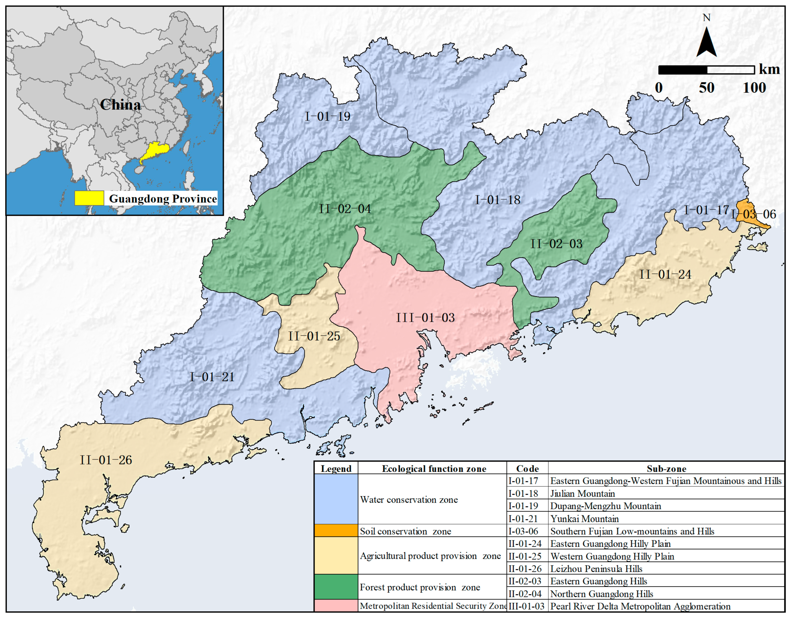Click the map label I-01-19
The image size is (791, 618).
pos(328,117)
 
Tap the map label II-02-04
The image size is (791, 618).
pos(345,209)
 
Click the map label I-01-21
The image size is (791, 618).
pos(212,377)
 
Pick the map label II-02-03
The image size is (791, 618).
pos(556,244)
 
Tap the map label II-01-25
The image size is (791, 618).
pos(314,336)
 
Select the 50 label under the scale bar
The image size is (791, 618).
pos(707,88)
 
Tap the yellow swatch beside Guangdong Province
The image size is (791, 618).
pos(89,198)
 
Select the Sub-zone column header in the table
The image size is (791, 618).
pos(666,469)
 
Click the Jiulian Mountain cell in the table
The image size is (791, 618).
pos(583,494)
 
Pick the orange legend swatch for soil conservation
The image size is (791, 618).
pos(336,531)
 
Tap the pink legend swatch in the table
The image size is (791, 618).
pos(336,606)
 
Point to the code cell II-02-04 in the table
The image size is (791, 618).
pos(525,594)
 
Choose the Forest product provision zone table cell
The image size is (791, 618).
pos(420,587)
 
